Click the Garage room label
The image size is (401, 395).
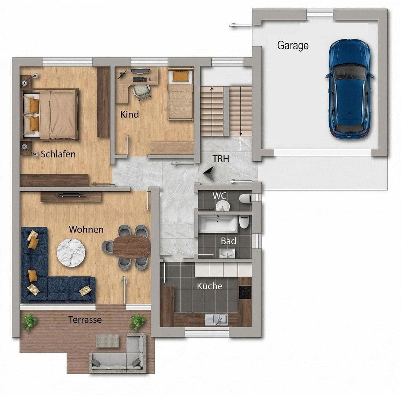tap(293, 46)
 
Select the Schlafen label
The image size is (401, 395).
tap(58, 154)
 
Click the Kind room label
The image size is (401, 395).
tap(130, 114)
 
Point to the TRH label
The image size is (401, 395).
tap(221, 159)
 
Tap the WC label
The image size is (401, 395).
tap(220, 196)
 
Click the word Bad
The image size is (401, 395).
tap(228, 241)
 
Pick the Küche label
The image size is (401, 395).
tap(209, 286)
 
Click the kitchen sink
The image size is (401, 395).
tap(216, 320)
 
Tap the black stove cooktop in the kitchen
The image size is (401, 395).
tap(245, 292)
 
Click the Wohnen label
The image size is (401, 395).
tap(86, 230)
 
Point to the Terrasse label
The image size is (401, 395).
tap(85, 320)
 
